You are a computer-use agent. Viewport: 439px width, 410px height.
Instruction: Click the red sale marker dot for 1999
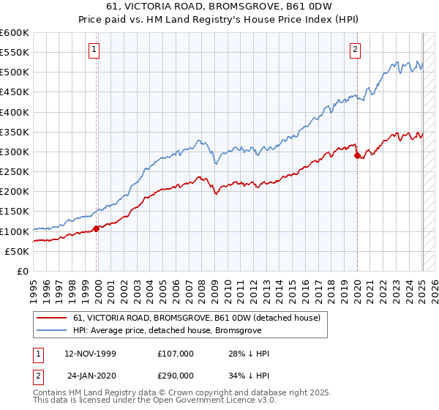pyautogui.click(x=96, y=228)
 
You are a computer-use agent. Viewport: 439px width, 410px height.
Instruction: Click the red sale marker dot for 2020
pyautogui.click(x=357, y=155)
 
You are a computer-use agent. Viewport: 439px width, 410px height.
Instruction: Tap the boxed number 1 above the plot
pyautogui.click(x=96, y=50)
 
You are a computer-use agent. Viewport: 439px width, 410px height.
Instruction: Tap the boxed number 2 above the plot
pyautogui.click(x=356, y=50)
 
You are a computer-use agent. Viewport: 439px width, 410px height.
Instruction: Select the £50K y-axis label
pyautogui.click(x=17, y=251)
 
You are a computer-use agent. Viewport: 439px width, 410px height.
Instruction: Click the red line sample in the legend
pyautogui.click(x=51, y=318)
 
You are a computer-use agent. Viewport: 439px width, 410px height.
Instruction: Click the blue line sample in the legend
pyautogui.click(x=51, y=330)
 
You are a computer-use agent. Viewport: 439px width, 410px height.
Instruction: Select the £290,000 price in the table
pyautogui.click(x=175, y=374)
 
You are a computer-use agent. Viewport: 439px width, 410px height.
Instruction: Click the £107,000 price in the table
pyautogui.click(x=175, y=354)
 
